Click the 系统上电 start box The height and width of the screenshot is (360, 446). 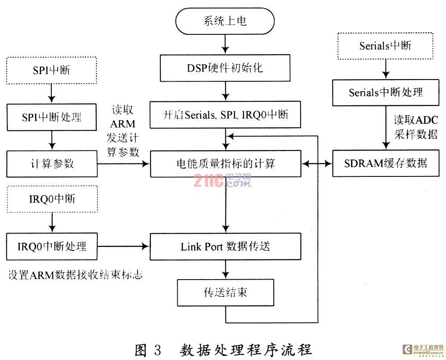225,21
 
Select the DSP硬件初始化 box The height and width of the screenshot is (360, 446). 225,68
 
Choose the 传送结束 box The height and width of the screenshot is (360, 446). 225,293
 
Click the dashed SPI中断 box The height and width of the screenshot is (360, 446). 53,70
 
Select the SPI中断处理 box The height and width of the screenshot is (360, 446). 53,117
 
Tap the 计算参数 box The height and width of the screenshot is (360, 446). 53,164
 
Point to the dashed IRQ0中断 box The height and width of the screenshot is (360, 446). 53,199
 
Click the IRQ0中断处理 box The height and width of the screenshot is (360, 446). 53,246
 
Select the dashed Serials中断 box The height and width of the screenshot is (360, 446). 385,46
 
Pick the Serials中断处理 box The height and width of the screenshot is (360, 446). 385,92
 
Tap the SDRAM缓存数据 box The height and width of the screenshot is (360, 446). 385,163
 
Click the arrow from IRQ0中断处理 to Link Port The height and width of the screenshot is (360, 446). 124,246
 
